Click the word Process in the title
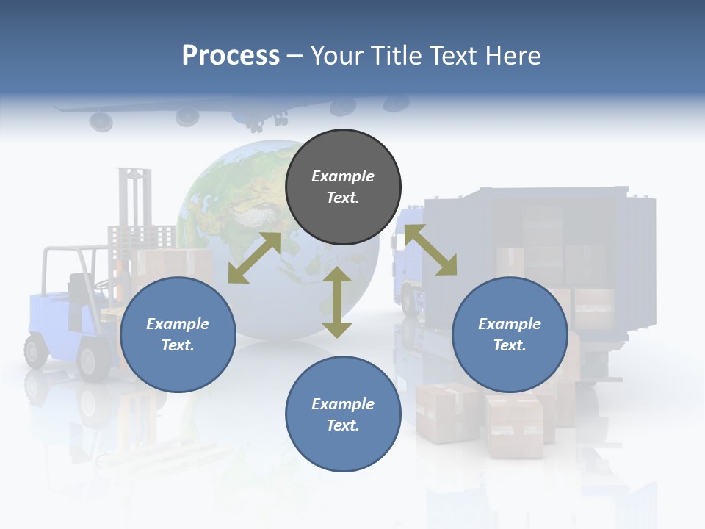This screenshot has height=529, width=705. (231, 56)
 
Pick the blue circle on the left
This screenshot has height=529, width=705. (178, 334)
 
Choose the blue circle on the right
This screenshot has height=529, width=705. (510, 334)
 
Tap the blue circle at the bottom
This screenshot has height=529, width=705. (343, 414)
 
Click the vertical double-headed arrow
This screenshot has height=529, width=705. (337, 303)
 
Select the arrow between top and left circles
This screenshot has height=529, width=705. (254, 258)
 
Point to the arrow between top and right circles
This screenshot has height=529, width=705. (430, 250)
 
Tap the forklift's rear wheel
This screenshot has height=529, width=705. (35, 350)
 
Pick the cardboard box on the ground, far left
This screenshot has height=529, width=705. (446, 412)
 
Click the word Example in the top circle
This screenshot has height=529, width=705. (343, 176)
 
